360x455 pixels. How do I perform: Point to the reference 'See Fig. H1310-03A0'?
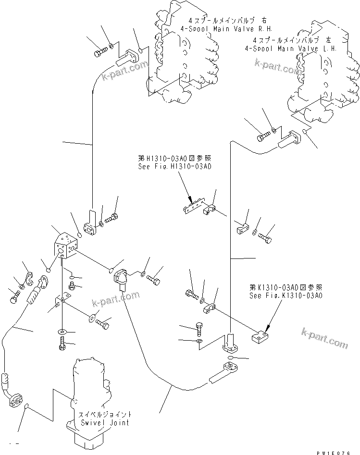(x=174, y=167)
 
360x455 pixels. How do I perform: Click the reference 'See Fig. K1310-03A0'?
(x=286, y=295)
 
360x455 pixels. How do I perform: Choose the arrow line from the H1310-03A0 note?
(x=185, y=185)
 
